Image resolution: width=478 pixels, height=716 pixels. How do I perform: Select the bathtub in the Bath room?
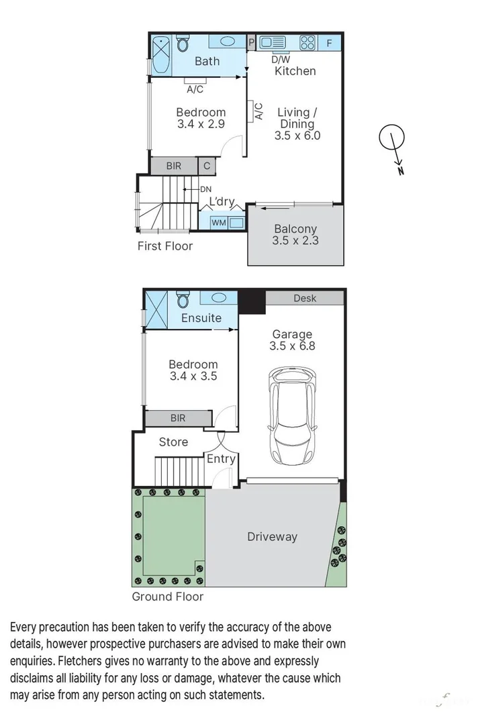click(x=160, y=56)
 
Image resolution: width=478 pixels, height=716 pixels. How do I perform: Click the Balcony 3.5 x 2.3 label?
click(x=295, y=235)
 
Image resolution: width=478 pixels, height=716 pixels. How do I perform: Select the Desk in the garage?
click(x=305, y=298)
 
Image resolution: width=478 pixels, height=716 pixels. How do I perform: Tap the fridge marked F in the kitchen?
click(x=329, y=43)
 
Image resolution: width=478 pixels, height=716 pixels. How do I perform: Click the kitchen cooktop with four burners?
click(x=307, y=43)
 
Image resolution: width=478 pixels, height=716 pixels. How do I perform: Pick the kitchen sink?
click(x=273, y=42)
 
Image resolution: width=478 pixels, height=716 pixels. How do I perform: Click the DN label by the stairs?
click(x=205, y=189)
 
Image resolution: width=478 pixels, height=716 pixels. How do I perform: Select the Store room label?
click(x=173, y=442)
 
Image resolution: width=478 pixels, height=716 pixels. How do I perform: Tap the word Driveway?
click(x=272, y=536)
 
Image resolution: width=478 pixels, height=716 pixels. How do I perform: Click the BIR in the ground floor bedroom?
click(x=177, y=418)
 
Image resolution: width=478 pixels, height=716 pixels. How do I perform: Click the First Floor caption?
click(x=165, y=246)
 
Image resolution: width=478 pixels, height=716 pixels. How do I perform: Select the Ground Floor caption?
click(x=167, y=596)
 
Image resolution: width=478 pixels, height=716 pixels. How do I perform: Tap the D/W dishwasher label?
click(x=281, y=59)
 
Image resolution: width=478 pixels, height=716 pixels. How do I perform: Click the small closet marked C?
click(x=207, y=166)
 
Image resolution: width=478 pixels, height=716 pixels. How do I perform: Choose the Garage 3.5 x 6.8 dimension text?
click(x=292, y=340)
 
